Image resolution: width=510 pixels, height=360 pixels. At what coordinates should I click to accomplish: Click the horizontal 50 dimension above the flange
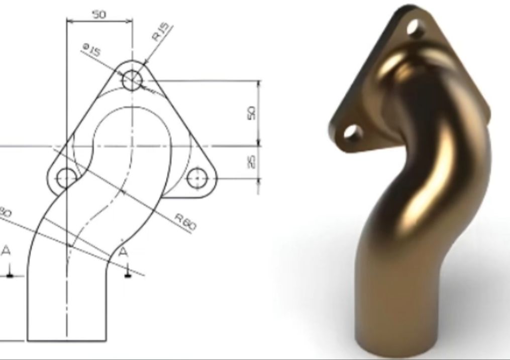99,15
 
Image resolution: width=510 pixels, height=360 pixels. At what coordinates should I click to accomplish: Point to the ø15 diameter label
92,50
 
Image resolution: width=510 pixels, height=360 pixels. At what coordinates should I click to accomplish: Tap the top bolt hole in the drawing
132,79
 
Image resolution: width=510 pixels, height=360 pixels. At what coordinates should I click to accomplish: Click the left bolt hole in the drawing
66,177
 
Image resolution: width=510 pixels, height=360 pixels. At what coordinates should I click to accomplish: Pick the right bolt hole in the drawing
197,177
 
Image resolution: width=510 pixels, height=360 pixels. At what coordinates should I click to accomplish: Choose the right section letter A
123,253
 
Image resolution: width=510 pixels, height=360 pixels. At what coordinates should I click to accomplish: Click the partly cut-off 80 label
5,212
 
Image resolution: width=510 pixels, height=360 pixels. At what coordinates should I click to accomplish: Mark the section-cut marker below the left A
10,274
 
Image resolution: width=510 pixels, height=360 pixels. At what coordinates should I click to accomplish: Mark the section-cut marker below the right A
128,274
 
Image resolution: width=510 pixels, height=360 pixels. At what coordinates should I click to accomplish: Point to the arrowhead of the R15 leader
146,63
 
